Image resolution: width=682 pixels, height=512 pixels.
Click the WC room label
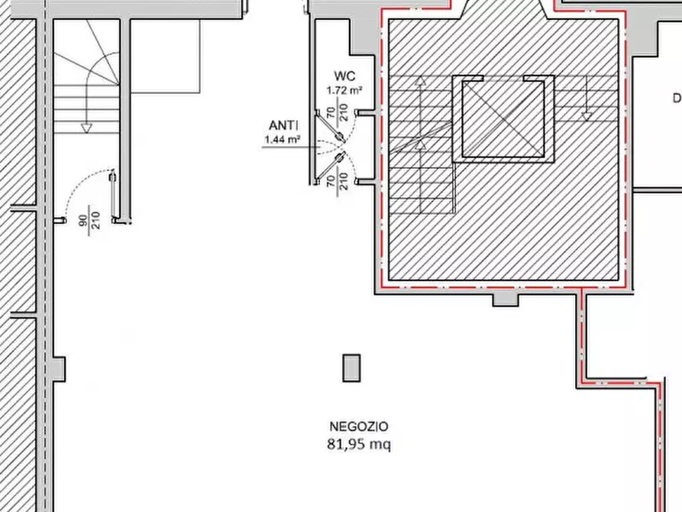(344, 76)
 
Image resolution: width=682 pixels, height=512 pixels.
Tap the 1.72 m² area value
(344, 91)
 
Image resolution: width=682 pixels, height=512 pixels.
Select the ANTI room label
(283, 126)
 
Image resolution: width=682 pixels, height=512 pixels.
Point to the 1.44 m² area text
(282, 140)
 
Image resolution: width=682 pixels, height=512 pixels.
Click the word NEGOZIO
(359, 426)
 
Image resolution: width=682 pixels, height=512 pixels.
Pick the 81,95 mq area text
(359, 445)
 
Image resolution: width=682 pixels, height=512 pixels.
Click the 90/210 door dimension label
(89, 220)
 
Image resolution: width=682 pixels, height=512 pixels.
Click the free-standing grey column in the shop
(351, 368)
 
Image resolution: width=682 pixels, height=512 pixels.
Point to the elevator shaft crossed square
(503, 119)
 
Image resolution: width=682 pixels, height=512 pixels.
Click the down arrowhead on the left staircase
(86, 128)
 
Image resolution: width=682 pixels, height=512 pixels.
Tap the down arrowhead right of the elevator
(587, 116)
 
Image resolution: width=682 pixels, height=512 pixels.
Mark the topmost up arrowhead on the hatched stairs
(420, 80)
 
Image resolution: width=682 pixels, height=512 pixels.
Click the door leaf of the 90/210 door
(114, 195)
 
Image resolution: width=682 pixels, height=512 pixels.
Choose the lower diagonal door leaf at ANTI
(330, 168)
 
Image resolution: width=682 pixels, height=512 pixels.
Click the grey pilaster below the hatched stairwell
(505, 300)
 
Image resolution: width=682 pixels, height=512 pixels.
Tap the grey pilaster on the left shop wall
(59, 369)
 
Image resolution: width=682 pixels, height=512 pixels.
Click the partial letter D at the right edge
(677, 99)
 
